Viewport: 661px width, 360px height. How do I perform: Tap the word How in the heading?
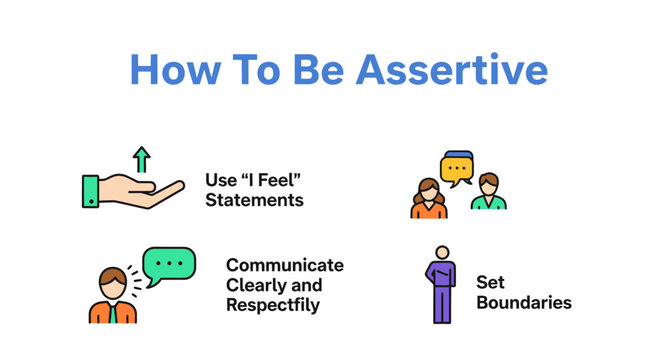(x=175, y=71)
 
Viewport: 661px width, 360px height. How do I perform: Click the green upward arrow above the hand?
(x=141, y=159)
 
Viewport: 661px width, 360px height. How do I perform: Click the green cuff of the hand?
(x=91, y=190)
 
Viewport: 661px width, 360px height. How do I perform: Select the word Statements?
(x=254, y=200)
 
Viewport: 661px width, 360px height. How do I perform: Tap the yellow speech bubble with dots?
(x=458, y=168)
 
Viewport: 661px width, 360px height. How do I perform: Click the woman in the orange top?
(x=429, y=197)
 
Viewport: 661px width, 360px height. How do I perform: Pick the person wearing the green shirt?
(x=488, y=193)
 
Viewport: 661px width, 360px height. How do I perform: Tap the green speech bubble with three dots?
(x=169, y=264)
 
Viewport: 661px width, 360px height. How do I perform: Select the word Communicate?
(x=284, y=265)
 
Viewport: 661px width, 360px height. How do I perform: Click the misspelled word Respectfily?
(x=273, y=305)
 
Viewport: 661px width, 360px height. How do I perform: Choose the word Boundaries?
(x=523, y=301)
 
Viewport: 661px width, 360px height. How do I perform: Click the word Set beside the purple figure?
(x=490, y=282)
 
